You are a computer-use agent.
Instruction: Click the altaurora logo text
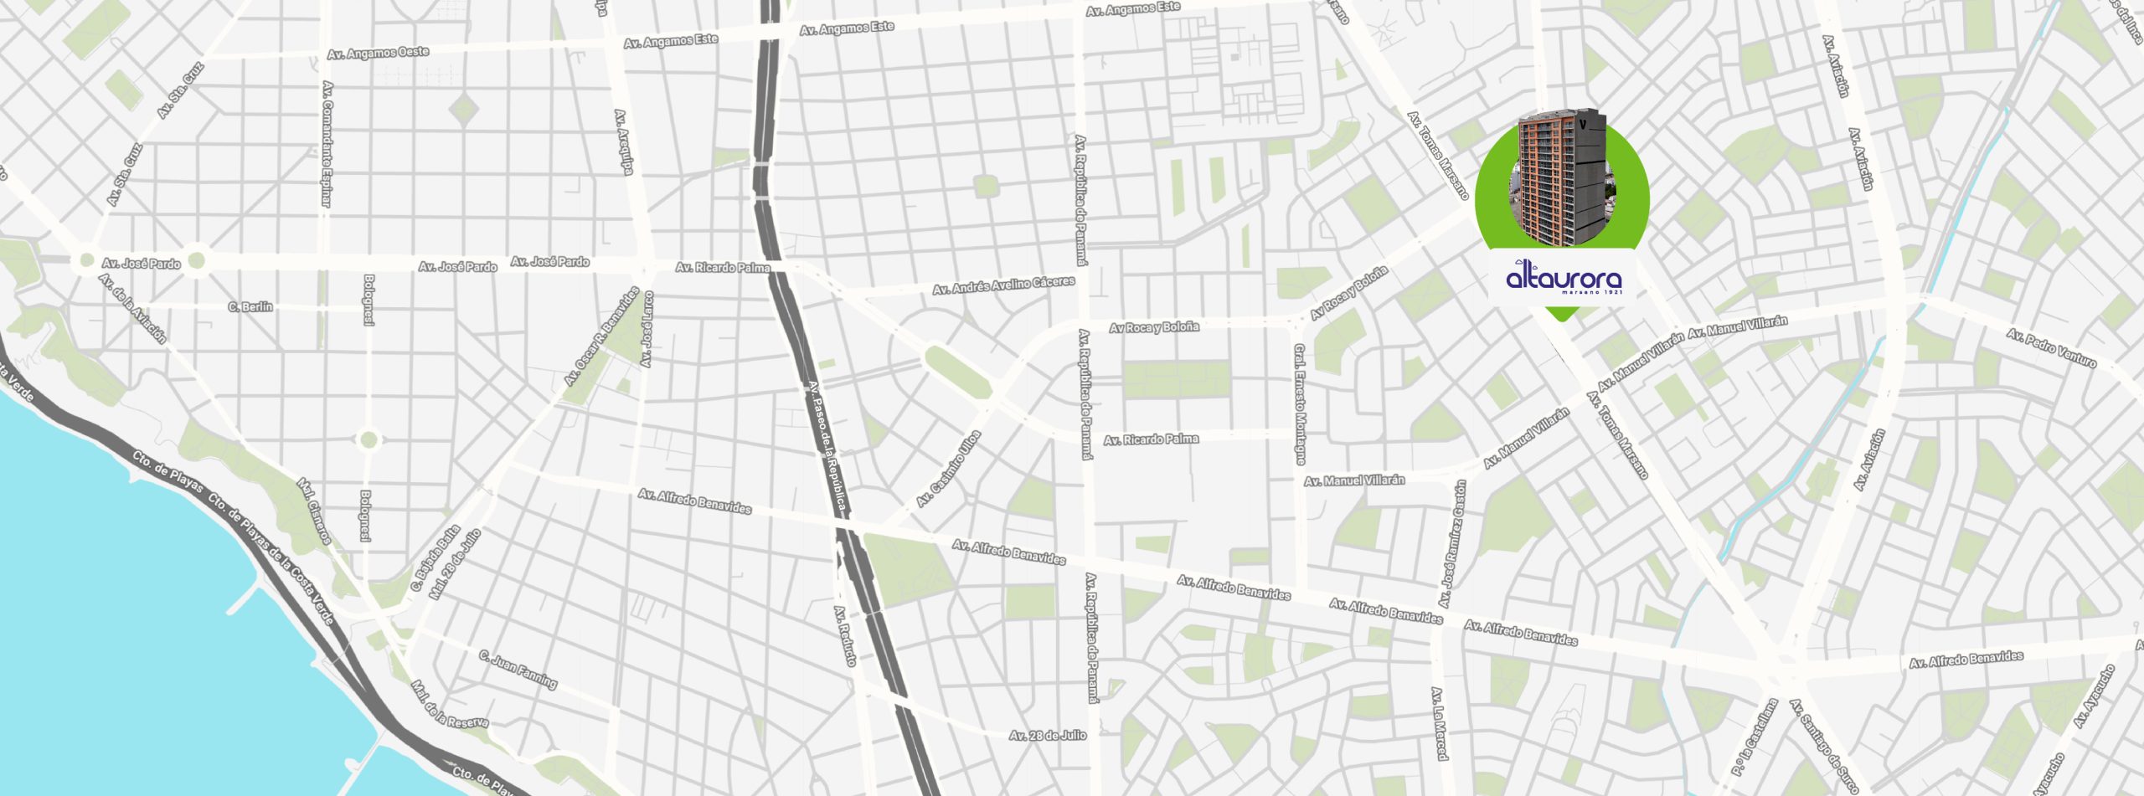[1564, 278]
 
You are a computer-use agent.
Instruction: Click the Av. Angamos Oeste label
[378, 53]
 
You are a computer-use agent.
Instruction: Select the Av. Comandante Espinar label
[327, 143]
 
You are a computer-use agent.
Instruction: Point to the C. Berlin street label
[250, 307]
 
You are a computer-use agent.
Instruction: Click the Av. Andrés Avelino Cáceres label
[1003, 285]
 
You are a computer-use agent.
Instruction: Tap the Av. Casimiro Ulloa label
[948, 469]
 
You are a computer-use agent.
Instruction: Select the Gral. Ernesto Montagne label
[1299, 403]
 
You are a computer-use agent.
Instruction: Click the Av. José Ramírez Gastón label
[1452, 544]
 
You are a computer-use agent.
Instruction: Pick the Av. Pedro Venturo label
[2051, 348]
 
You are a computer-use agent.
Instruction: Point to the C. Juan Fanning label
[518, 670]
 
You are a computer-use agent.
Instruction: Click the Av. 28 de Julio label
[1047, 736]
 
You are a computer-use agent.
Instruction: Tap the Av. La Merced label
[1439, 723]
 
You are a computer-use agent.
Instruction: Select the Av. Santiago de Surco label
[1823, 746]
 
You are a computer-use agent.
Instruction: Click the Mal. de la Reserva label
[450, 705]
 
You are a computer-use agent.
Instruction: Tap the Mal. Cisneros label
[314, 511]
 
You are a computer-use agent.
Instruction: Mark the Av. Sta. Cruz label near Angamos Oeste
[180, 90]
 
